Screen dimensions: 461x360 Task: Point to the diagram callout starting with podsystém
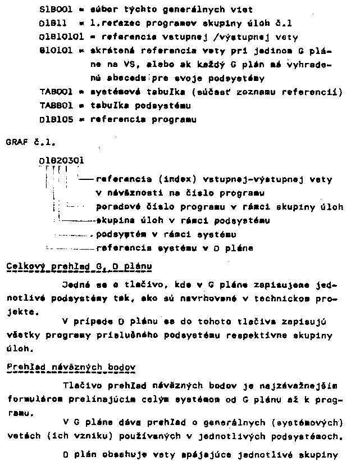click(x=166, y=234)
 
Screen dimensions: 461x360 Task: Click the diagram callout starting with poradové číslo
click(x=220, y=207)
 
